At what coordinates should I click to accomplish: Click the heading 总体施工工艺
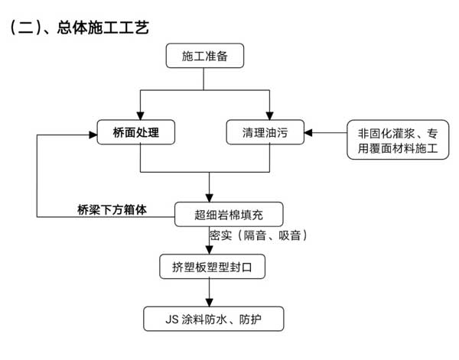click(103, 28)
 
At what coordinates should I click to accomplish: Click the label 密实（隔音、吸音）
click(259, 236)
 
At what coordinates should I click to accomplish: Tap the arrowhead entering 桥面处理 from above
click(140, 114)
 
